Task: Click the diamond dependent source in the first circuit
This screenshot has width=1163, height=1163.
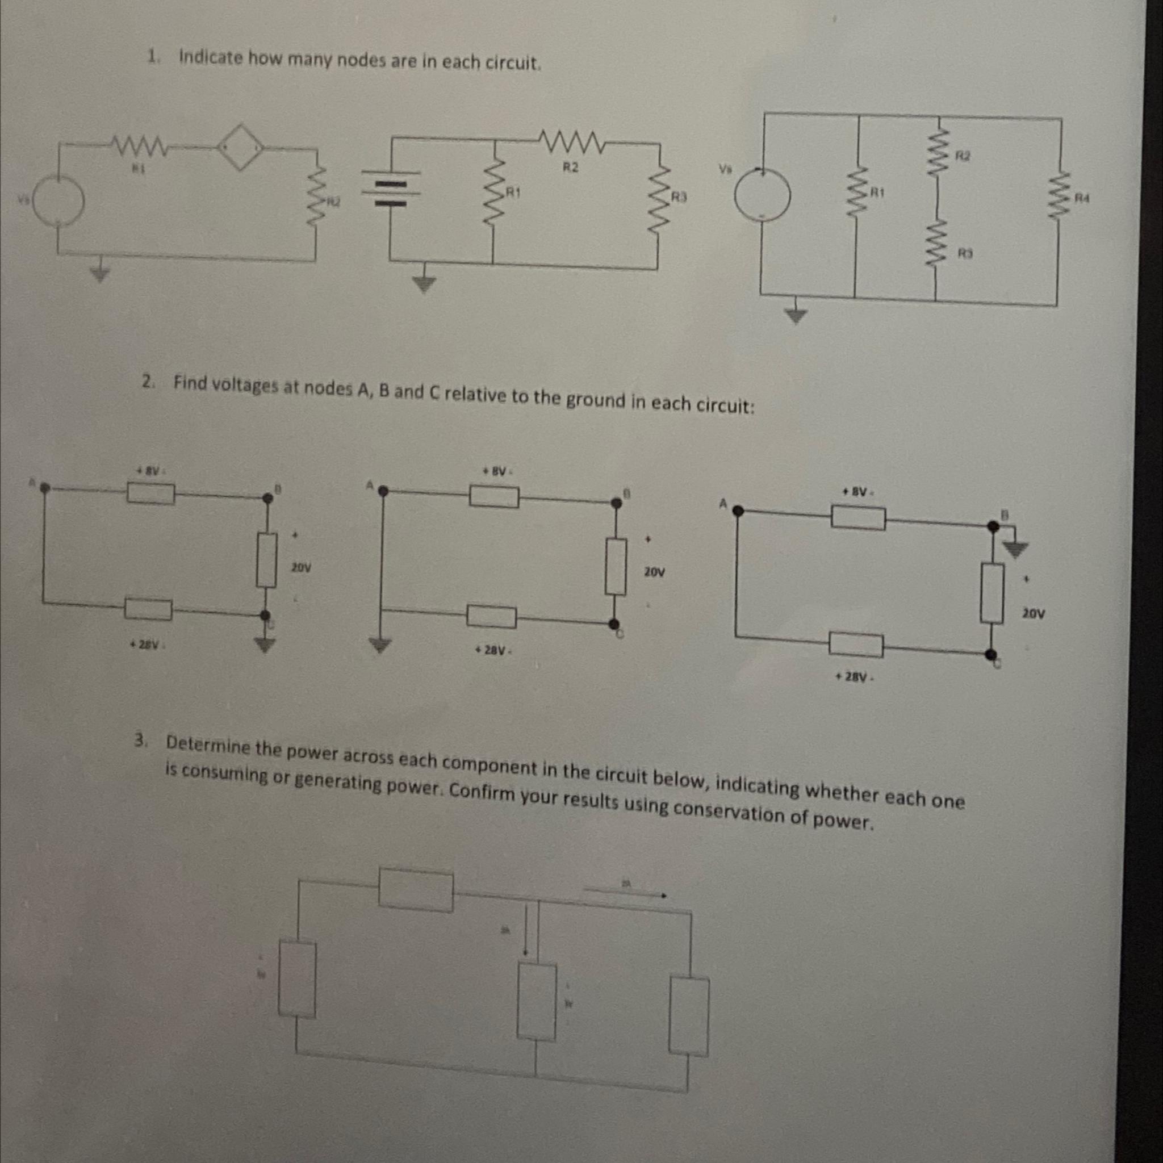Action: pyautogui.click(x=241, y=147)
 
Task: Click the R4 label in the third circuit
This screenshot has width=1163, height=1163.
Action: pyautogui.click(x=1082, y=197)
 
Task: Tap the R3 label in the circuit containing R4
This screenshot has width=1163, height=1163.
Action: pyautogui.click(x=965, y=255)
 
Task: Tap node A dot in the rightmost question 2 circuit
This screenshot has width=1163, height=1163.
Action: pyautogui.click(x=738, y=511)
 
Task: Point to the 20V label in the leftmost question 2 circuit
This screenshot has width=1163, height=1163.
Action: pyautogui.click(x=301, y=567)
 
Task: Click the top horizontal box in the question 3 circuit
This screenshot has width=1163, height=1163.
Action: pyautogui.click(x=416, y=890)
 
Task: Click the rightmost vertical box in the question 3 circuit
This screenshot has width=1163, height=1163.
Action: pyautogui.click(x=690, y=1016)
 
